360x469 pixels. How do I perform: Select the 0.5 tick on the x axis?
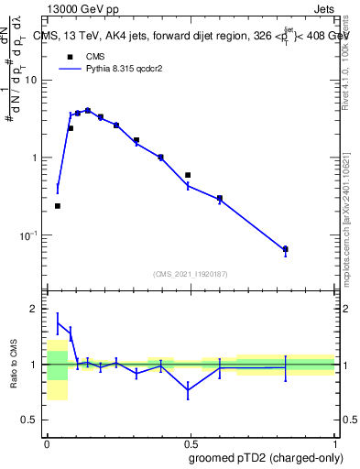tap(190, 442)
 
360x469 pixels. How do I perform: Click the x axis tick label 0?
tap(47, 442)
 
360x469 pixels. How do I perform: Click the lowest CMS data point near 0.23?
tap(58, 206)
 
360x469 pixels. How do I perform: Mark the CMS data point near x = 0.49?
tap(188, 174)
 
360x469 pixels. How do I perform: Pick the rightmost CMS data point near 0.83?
tap(285, 249)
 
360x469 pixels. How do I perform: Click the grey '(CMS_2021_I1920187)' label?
tap(190, 273)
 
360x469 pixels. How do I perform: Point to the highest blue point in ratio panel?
tap(58, 322)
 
